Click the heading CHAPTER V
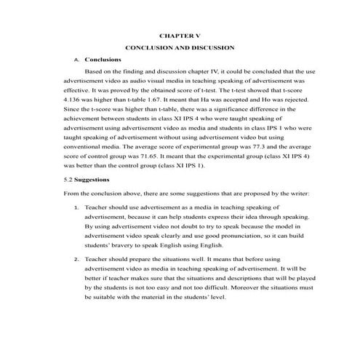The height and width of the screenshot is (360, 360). click(x=179, y=34)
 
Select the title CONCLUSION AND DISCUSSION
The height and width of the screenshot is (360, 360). click(x=179, y=47)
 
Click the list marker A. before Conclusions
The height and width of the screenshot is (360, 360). click(x=76, y=60)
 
